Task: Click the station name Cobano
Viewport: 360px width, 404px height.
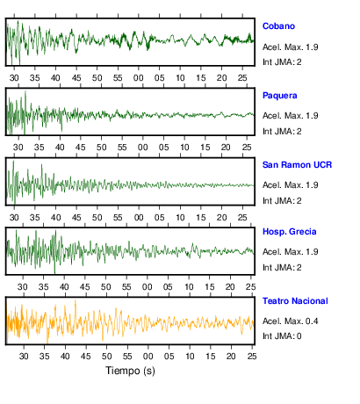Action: click(x=278, y=26)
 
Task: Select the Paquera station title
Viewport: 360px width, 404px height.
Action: click(x=280, y=96)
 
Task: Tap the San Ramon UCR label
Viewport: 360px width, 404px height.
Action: click(x=297, y=165)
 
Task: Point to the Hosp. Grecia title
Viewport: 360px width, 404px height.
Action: click(x=290, y=232)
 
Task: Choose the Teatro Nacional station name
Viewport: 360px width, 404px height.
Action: click(x=295, y=301)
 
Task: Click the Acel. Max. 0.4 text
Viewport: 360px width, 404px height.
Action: click(x=291, y=321)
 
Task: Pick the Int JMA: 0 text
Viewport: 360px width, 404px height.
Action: click(x=282, y=336)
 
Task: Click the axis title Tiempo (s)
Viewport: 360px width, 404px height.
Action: click(x=130, y=371)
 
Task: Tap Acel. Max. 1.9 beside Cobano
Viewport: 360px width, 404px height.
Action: click(x=291, y=47)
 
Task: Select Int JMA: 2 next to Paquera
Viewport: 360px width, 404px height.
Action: click(x=282, y=132)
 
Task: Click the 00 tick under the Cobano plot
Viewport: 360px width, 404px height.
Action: click(x=139, y=78)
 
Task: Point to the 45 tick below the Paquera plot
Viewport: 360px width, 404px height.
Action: click(x=81, y=148)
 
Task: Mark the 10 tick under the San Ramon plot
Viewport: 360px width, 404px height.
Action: click(x=180, y=218)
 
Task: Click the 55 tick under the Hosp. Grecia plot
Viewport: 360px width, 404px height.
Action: click(x=126, y=287)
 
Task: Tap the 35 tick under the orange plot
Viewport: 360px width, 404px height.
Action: click(x=45, y=357)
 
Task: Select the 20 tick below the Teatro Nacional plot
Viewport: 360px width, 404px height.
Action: click(x=231, y=357)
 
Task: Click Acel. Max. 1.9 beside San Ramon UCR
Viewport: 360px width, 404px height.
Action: click(x=291, y=185)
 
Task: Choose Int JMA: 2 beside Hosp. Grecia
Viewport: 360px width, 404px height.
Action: click(x=282, y=268)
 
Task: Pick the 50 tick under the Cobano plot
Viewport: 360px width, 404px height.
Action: click(x=97, y=78)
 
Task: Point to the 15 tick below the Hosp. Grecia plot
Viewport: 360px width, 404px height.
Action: click(x=210, y=287)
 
